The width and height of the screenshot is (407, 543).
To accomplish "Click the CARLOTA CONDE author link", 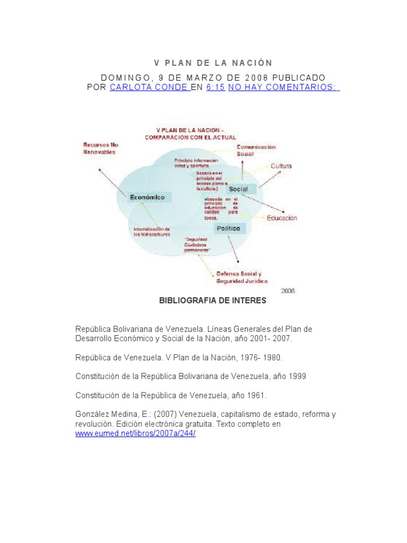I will click(x=149, y=87).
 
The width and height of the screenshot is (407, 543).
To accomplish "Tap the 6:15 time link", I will click(x=216, y=87).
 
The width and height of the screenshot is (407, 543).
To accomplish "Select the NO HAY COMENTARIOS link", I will click(x=284, y=87).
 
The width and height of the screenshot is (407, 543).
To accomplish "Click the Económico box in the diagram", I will click(x=147, y=197).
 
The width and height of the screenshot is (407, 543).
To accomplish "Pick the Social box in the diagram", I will click(x=242, y=189).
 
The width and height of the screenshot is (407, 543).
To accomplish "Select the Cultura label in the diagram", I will click(x=281, y=166).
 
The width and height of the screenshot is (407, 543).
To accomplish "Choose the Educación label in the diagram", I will click(x=281, y=218).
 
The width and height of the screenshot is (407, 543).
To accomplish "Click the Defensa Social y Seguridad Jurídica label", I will click(x=241, y=277).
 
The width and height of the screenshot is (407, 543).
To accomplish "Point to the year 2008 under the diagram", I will click(x=288, y=291).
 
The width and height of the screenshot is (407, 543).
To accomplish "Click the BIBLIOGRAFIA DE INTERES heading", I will click(x=213, y=301).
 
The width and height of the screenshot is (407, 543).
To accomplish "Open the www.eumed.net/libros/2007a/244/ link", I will click(x=136, y=433).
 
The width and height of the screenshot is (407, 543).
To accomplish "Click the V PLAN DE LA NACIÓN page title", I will click(x=213, y=63).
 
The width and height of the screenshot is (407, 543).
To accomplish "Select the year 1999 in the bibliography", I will click(x=297, y=376).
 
